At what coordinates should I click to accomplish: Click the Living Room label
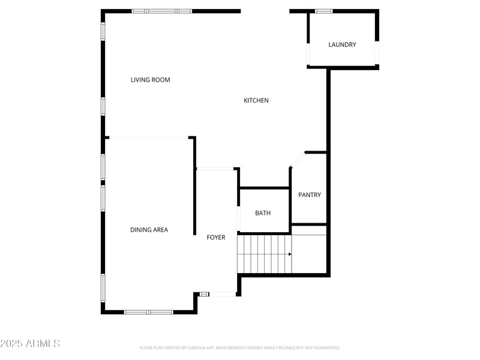(x=150, y=80)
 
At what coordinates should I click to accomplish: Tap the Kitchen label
(x=256, y=100)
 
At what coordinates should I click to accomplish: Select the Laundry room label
(x=342, y=45)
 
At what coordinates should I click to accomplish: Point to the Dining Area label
(x=149, y=230)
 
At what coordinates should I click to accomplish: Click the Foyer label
(x=216, y=238)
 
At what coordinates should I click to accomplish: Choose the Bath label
(x=263, y=213)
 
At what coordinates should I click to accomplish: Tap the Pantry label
(x=310, y=195)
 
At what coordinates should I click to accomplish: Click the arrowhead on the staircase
(x=290, y=254)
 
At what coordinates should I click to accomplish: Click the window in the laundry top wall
(x=324, y=11)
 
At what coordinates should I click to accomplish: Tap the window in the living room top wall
(x=162, y=11)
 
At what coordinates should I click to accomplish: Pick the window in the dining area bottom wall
(x=148, y=312)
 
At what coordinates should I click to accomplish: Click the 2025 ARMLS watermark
(x=30, y=344)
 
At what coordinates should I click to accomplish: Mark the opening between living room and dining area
(x=148, y=137)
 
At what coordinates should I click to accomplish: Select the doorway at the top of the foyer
(x=215, y=169)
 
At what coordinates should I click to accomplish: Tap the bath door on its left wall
(x=239, y=218)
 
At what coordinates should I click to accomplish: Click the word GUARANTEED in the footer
(x=325, y=347)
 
